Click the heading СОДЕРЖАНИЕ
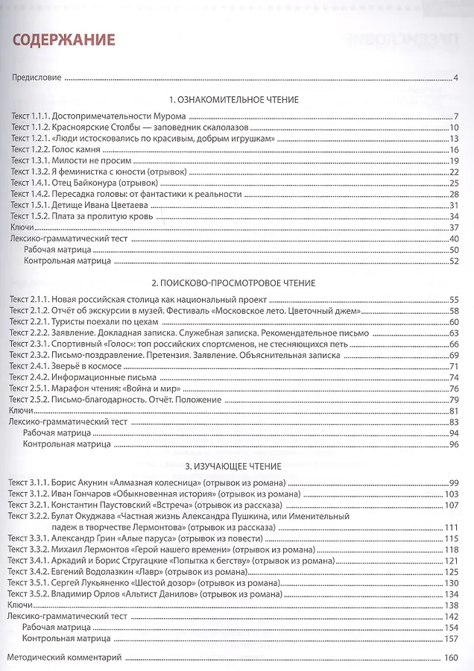[63, 39]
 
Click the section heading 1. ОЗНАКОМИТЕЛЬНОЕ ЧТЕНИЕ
[234, 99]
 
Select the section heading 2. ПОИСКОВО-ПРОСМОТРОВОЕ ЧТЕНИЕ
[234, 283]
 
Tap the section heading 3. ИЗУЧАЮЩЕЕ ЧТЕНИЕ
[234, 467]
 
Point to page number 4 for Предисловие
[455, 78]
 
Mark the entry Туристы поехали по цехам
[104, 321]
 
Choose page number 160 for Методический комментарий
[449, 658]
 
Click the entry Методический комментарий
[62, 658]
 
